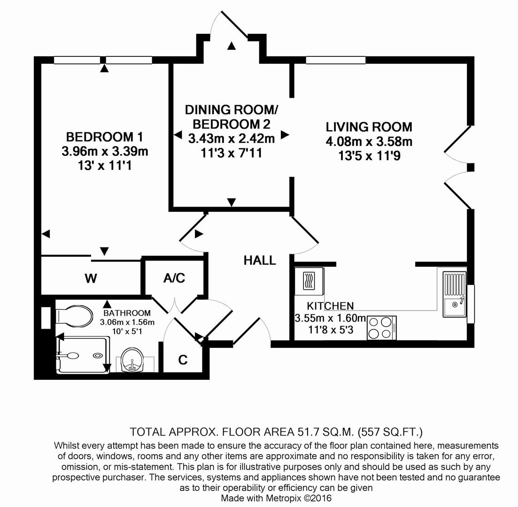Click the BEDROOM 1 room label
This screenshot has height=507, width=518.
tap(104, 137)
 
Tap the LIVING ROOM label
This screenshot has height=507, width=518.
tap(369, 127)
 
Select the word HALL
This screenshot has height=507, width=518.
tap(259, 261)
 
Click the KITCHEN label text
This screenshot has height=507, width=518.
tap(330, 306)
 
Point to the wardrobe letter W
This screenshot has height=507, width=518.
tap(91, 278)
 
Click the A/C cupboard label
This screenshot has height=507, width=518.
tap(174, 278)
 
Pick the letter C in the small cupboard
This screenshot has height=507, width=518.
tap(183, 360)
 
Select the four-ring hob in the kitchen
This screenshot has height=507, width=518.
tap(381, 328)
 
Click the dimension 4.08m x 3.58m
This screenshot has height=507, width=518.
tap(369, 141)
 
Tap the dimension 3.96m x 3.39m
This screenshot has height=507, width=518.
tap(104, 152)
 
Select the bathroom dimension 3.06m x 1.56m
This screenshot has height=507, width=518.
tap(127, 322)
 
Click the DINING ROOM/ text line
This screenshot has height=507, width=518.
tap(231, 110)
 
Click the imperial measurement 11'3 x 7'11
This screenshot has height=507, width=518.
tap(231, 153)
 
